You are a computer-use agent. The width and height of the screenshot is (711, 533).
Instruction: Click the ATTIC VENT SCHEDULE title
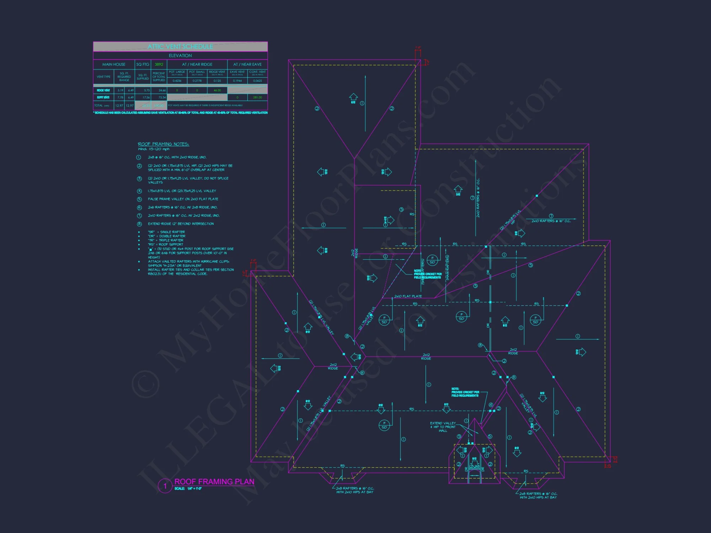point(180,47)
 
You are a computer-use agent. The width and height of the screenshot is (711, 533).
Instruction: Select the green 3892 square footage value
point(159,64)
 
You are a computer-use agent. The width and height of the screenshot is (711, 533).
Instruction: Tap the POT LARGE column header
point(177,72)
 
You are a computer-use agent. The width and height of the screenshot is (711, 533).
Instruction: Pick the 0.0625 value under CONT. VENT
point(257,81)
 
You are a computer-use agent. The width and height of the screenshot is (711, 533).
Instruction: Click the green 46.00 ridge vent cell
point(217,90)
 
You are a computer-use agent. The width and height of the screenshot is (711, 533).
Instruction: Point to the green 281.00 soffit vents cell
point(257,97)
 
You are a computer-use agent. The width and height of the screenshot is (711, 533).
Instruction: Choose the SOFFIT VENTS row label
point(103,97)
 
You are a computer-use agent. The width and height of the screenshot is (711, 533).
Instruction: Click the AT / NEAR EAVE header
point(247,64)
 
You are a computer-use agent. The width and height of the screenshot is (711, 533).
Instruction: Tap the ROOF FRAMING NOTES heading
point(164,144)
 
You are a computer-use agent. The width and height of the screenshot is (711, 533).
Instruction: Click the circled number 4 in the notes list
point(139,191)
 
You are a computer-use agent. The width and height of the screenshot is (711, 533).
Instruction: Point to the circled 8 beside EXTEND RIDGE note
point(139,224)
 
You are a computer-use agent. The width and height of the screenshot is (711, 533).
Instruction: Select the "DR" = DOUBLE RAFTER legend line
point(166,236)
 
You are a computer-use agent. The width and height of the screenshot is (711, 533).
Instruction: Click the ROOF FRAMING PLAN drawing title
point(214,481)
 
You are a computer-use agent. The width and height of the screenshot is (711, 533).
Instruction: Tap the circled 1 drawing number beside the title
point(165,486)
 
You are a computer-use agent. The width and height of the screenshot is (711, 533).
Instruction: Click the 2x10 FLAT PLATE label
point(408,296)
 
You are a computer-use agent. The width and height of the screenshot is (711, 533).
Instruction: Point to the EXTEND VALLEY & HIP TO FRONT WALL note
point(443,427)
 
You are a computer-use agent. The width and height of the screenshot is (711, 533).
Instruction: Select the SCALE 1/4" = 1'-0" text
point(188,489)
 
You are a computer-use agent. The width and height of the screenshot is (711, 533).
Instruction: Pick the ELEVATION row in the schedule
point(180,55)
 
